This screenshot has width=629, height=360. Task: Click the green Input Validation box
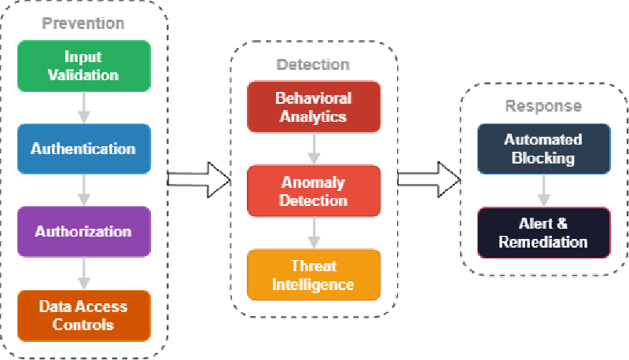pyautogui.click(x=83, y=66)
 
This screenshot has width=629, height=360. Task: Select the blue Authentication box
pyautogui.click(x=83, y=149)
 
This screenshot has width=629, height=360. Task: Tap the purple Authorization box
pyautogui.click(x=83, y=231)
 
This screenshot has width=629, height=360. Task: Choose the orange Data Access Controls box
pyautogui.click(x=83, y=314)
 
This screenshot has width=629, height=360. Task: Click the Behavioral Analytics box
pyautogui.click(x=314, y=108)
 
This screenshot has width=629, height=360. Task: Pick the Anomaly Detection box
pyautogui.click(x=314, y=191)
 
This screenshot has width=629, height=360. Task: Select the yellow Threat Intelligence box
pyautogui.click(x=314, y=274)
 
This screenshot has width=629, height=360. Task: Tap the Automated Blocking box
pyautogui.click(x=543, y=149)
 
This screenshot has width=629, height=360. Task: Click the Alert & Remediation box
pyautogui.click(x=543, y=233)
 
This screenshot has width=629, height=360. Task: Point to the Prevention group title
pyautogui.click(x=83, y=24)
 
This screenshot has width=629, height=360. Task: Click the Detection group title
pyautogui.click(x=314, y=64)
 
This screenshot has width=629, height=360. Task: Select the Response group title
pyautogui.click(x=543, y=106)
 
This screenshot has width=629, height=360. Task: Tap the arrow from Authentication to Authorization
pyautogui.click(x=83, y=190)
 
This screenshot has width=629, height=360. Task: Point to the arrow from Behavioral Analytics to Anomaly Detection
pyautogui.click(x=314, y=149)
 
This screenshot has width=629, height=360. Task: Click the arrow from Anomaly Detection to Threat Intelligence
pyautogui.click(x=314, y=233)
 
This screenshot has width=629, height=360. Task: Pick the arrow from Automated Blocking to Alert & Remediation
pyautogui.click(x=543, y=191)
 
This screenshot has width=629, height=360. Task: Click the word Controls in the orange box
pyautogui.click(x=83, y=324)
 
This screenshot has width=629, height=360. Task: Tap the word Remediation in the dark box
pyautogui.click(x=543, y=242)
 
